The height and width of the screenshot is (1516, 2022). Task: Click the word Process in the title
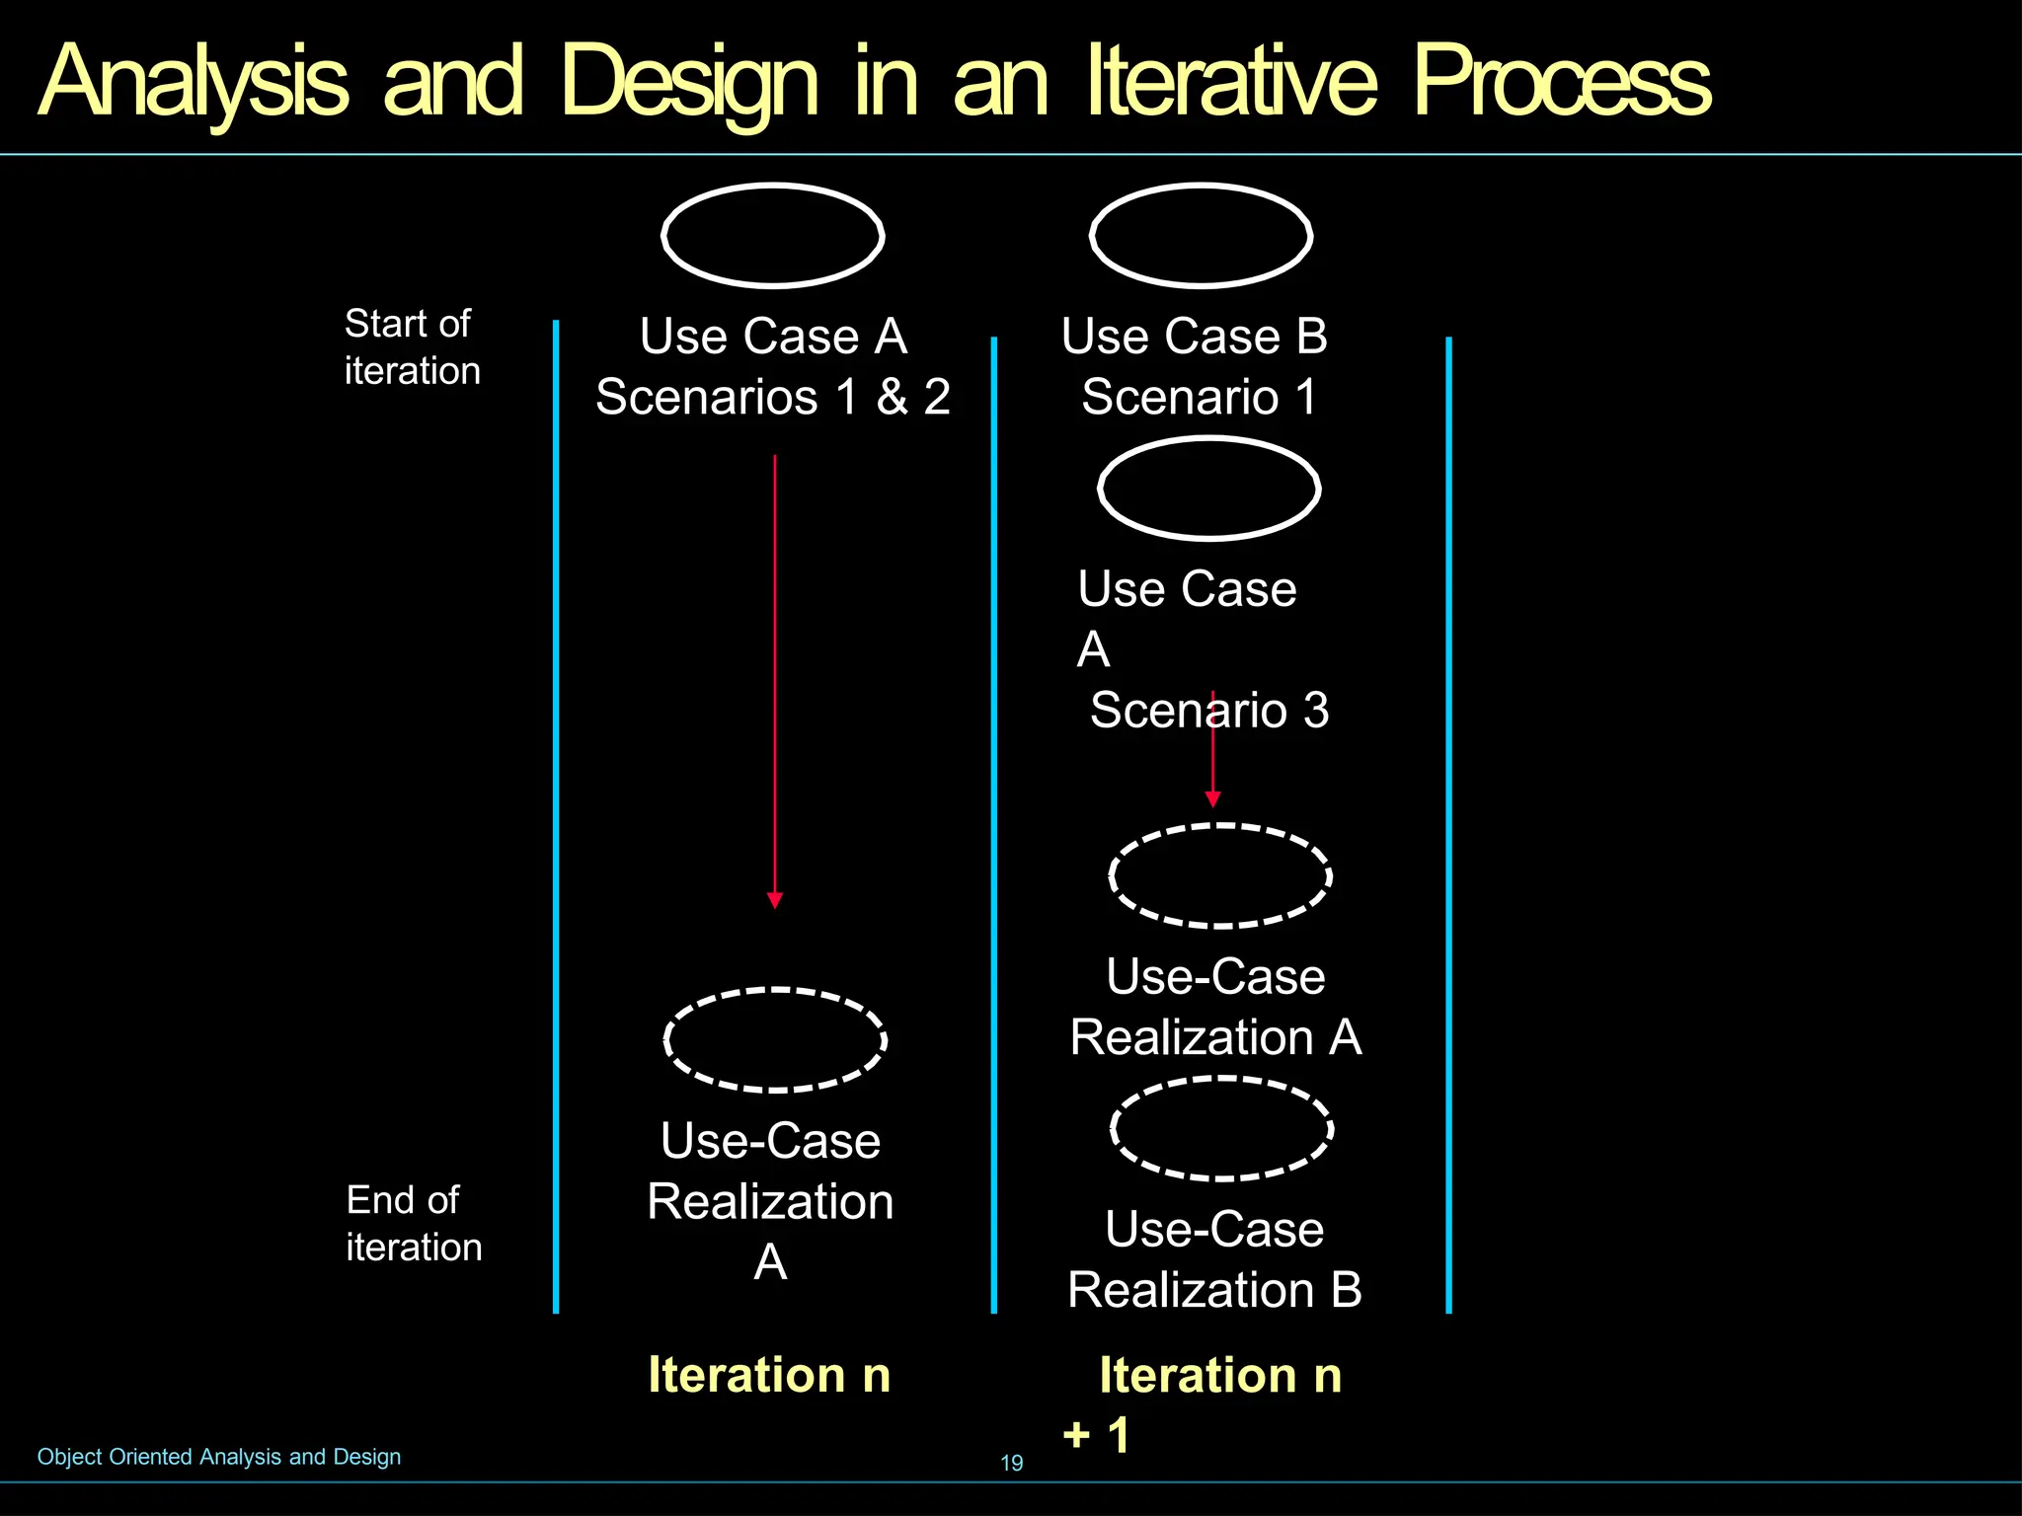pos(1561,81)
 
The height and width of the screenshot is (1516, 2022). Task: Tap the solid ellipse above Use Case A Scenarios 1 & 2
pos(773,235)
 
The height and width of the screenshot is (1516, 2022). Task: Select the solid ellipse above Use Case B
pos(1201,235)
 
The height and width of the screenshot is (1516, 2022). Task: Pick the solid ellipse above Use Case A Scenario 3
pos(1209,489)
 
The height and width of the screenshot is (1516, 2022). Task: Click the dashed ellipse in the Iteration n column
pos(775,1039)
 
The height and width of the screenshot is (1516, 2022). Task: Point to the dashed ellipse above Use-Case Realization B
pos(1222,1128)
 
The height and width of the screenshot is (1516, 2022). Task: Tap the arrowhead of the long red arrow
pos(775,899)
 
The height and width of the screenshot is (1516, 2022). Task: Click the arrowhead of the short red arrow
pos(1213,798)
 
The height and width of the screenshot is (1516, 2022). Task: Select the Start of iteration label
pos(412,346)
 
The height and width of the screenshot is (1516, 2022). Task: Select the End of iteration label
pos(413,1223)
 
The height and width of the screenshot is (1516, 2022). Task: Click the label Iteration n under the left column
pos(769,1374)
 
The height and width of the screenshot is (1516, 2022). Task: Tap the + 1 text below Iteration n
pos(1096,1434)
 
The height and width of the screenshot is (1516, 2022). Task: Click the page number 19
pos(1012,1463)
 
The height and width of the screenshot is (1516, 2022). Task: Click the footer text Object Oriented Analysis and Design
pos(219,1457)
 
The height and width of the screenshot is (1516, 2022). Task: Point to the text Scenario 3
pos(1209,710)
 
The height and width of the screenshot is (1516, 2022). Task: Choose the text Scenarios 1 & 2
pos(773,397)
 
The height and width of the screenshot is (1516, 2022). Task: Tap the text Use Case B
pos(1195,336)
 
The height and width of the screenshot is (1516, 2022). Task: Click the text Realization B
pos(1214,1289)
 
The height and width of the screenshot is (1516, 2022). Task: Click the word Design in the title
pos(688,81)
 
